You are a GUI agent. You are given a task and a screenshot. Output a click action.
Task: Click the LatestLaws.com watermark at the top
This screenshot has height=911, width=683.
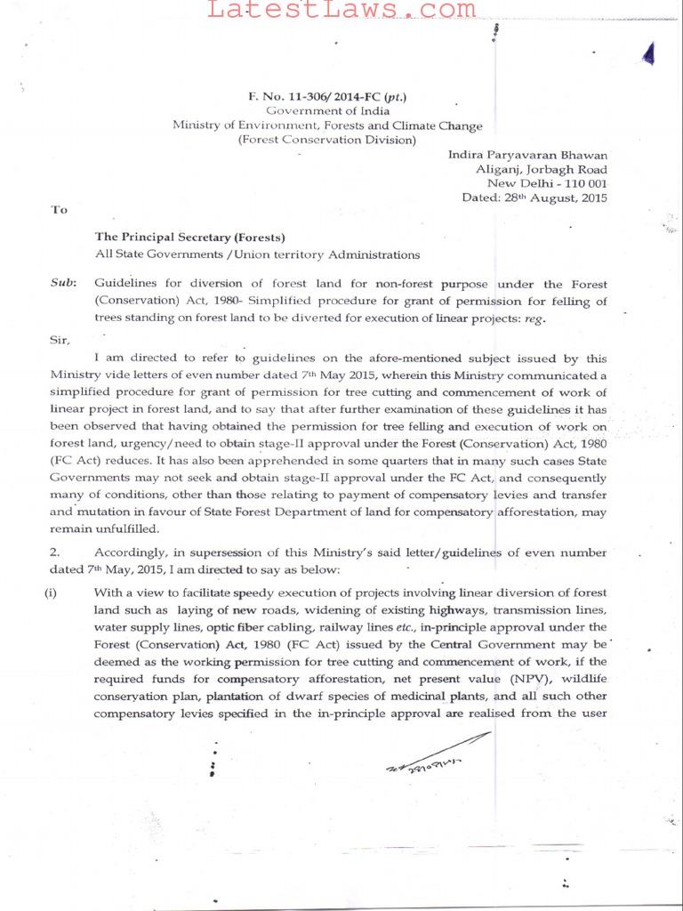click(x=341, y=10)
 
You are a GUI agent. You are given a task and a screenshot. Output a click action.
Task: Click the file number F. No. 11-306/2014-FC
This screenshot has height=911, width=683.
click(x=328, y=96)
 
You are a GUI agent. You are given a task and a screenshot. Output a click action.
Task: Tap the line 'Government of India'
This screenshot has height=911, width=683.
click(x=328, y=111)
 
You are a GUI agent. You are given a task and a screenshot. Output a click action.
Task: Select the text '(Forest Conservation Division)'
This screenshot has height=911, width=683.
click(x=327, y=140)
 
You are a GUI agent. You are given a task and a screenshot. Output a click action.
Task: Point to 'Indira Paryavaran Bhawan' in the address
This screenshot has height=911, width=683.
click(x=527, y=155)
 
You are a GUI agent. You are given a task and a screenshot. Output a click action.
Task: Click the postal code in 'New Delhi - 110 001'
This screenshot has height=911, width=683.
click(x=583, y=183)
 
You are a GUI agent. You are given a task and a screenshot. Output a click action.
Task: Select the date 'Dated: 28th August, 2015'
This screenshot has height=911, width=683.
click(x=534, y=198)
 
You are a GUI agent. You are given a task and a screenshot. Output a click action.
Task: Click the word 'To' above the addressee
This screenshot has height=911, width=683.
click(x=59, y=210)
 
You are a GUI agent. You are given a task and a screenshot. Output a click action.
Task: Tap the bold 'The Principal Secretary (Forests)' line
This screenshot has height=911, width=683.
click(x=190, y=238)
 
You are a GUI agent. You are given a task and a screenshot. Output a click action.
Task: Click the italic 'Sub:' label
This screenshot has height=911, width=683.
click(x=62, y=285)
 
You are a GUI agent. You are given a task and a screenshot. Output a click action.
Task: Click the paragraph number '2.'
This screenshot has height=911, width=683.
click(x=54, y=552)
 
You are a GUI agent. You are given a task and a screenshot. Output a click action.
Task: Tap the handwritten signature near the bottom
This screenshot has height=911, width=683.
click(x=436, y=756)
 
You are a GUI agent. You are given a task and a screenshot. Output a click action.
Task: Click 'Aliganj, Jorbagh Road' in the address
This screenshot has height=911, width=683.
click(x=542, y=169)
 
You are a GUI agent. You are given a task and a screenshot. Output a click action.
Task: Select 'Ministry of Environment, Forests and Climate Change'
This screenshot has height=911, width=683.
click(x=327, y=125)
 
